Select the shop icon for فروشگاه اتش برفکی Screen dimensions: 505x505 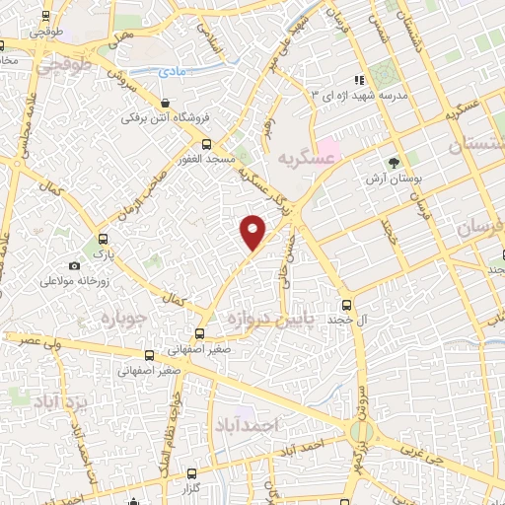(x=164, y=103)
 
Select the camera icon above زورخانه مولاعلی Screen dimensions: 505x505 (x=74, y=266)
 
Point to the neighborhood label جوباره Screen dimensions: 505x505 (x=122, y=319)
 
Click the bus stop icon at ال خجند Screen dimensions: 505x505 (x=345, y=305)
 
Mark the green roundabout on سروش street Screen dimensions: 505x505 (x=362, y=431)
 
